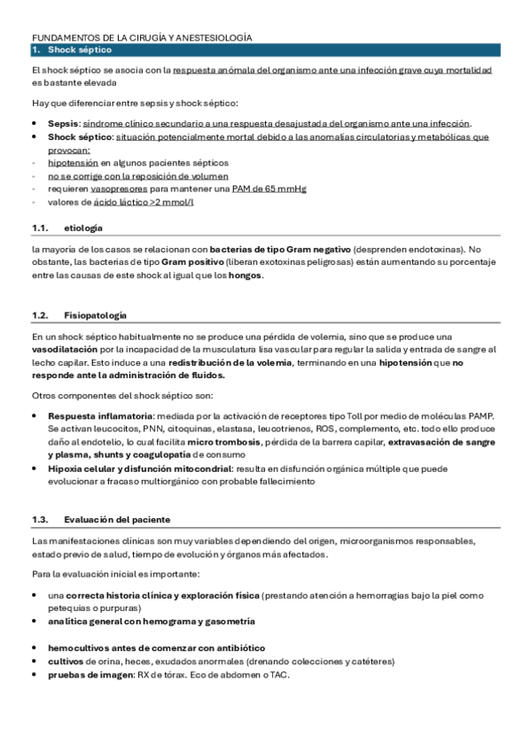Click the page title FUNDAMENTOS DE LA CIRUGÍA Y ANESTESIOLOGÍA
(x=142, y=38)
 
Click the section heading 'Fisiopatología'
(x=95, y=315)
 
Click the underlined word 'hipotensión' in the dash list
(x=73, y=163)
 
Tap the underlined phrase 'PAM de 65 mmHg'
(x=257, y=189)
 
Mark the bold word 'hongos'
(x=246, y=275)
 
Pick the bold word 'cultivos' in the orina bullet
(x=66, y=662)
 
